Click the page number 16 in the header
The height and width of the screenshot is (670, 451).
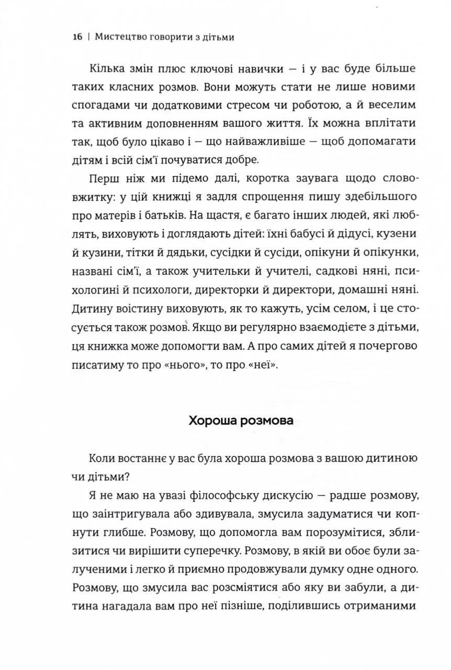78,37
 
